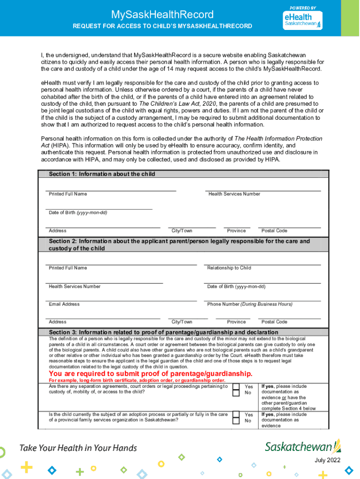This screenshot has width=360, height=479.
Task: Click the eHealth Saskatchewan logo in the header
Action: [302, 19]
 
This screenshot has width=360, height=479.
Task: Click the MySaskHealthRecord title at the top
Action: [162, 15]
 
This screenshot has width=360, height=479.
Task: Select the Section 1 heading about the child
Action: [102, 174]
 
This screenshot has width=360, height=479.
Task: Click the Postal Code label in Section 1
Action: [274, 231]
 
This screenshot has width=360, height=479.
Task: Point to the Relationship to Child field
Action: [262, 261]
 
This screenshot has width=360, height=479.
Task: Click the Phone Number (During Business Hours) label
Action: [250, 304]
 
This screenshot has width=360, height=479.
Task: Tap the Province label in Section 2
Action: [236, 322]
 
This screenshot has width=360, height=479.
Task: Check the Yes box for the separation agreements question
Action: [236, 387]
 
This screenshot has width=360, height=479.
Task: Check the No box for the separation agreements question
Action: [236, 393]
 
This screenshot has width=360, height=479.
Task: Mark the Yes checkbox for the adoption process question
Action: [236, 414]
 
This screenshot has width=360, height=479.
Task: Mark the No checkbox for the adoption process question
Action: [236, 421]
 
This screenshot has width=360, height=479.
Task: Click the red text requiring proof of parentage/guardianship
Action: [151, 374]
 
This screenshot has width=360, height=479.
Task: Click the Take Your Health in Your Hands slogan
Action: [78, 448]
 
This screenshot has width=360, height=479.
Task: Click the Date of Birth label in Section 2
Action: [236, 286]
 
